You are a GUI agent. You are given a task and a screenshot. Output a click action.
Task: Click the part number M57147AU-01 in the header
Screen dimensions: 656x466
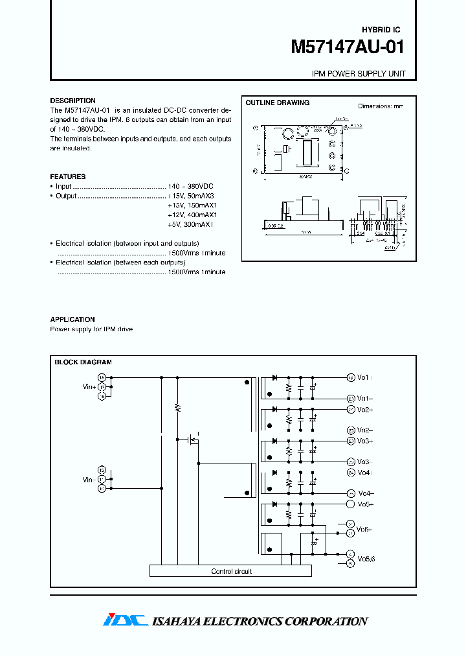348,48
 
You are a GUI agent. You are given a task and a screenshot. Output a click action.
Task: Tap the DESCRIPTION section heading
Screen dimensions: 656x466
72,100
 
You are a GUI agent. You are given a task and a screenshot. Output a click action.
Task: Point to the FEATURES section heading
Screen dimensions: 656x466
67,176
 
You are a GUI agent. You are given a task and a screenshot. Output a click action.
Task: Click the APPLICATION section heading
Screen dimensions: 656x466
72,320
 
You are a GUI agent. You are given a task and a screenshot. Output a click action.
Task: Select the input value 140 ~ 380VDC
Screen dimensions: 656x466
190,186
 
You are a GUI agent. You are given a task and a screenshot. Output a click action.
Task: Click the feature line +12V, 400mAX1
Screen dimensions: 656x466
193,215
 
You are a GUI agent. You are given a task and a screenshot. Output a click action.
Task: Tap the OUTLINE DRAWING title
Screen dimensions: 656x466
277,102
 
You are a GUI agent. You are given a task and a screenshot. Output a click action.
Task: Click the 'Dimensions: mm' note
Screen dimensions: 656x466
381,106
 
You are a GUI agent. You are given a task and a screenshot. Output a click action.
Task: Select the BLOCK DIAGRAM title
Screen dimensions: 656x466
83,362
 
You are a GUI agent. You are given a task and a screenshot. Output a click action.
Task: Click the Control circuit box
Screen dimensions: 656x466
230,571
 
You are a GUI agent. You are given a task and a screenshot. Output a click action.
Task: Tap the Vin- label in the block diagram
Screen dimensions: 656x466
89,480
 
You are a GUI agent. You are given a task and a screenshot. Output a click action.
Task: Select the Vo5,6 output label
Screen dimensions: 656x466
367,559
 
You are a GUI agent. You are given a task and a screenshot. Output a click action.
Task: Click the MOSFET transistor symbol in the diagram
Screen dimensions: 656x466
192,441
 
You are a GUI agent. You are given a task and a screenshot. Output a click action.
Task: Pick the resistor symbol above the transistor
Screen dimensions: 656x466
177,408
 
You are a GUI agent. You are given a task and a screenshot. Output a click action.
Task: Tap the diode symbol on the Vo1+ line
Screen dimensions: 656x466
274,377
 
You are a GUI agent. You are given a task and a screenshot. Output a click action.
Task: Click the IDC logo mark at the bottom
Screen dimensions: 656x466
124,620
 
